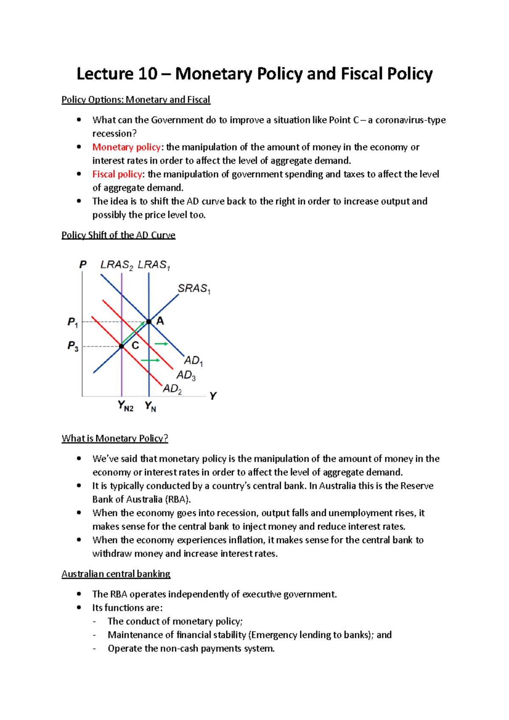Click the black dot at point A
click(149, 322)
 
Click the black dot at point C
click(121, 346)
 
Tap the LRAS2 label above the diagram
click(116, 265)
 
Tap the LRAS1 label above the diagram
click(154, 265)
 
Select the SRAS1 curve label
click(194, 289)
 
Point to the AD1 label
click(193, 361)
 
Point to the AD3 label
click(186, 375)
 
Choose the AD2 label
click(172, 389)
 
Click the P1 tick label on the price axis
click(73, 322)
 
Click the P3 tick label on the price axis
click(73, 346)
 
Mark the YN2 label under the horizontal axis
click(126, 406)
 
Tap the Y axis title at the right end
click(213, 396)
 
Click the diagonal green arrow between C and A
click(133, 333)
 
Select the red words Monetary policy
click(126, 147)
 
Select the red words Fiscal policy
click(117, 174)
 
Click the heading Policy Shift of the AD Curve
click(118, 235)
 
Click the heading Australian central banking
click(116, 574)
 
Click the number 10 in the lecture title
click(148, 74)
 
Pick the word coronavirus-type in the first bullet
click(410, 120)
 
